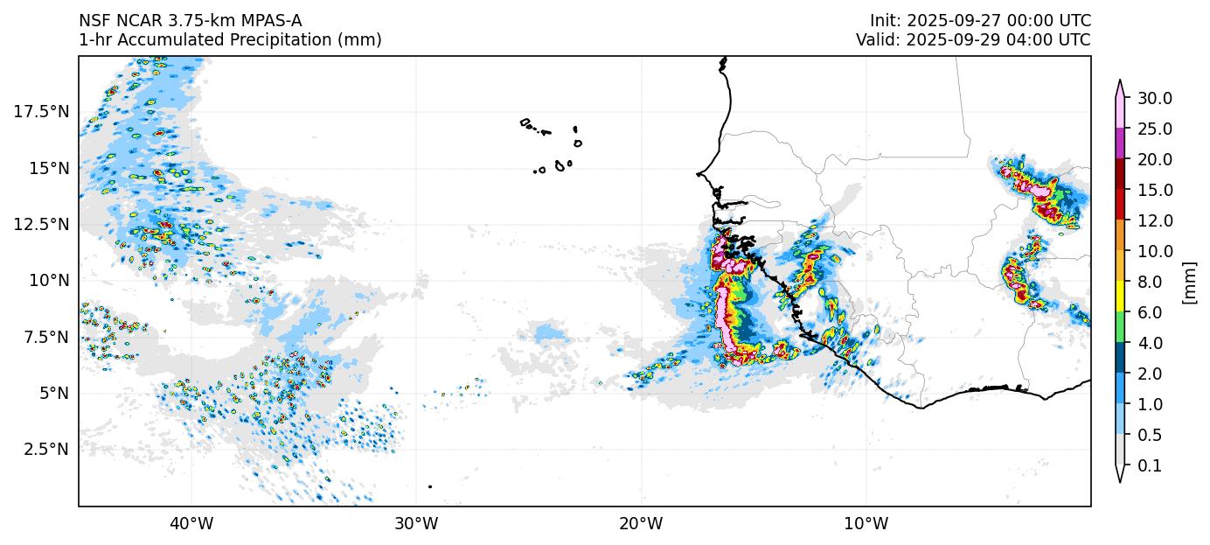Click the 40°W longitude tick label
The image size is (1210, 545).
(191, 524)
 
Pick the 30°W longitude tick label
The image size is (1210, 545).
(415, 524)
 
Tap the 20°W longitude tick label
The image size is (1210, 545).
(641, 524)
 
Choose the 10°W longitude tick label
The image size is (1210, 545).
(866, 524)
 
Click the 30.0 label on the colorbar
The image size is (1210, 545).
(1155, 98)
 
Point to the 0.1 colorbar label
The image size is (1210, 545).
(1151, 465)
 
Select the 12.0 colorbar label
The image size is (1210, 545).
(1155, 220)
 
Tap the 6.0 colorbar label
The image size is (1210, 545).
(1151, 312)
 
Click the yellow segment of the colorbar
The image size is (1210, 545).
(1119, 297)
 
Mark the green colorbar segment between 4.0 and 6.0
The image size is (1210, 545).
(1119, 327)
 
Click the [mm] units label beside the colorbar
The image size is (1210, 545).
(1188, 282)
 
